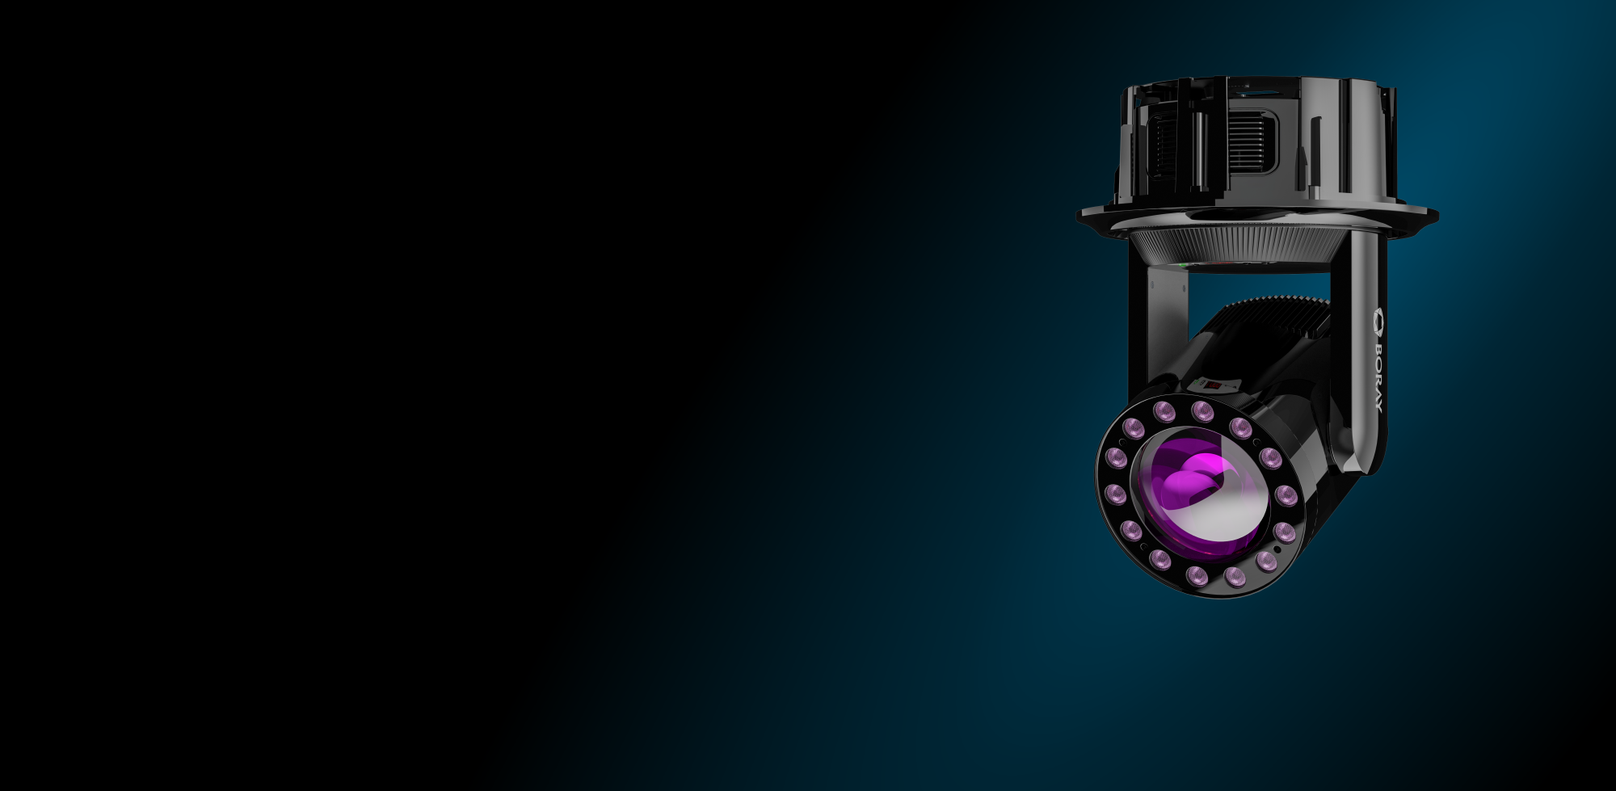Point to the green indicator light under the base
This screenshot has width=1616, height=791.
point(1183,264)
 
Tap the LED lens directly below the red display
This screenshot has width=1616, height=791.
point(1203,411)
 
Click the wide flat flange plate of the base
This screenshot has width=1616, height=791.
point(1257,214)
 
